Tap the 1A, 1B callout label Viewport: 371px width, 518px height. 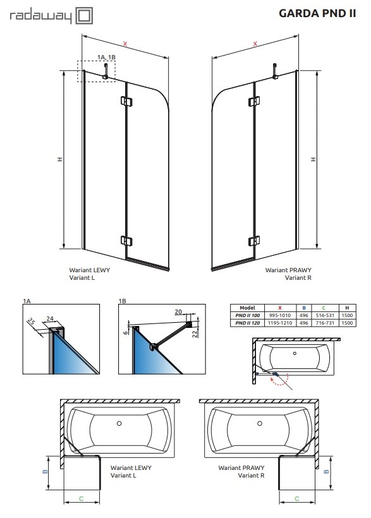(x=107, y=57)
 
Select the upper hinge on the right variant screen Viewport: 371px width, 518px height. (x=254, y=101)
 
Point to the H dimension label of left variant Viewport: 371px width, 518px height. (x=59, y=159)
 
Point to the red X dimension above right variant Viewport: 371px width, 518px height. (x=254, y=44)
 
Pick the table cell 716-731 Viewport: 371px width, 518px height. (x=322, y=322)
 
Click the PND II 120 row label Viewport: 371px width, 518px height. (x=247, y=322)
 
